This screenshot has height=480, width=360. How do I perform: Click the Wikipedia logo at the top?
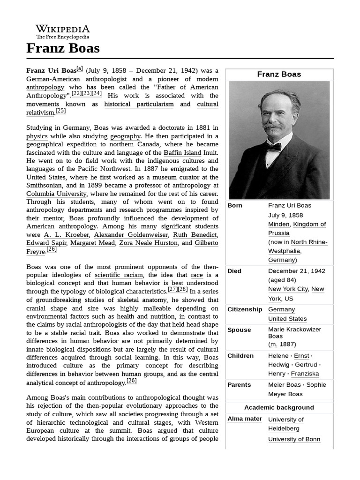[63, 31]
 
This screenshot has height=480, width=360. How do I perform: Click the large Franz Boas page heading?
[63, 48]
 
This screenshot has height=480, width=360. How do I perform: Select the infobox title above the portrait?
[279, 74]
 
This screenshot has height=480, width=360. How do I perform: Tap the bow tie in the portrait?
[273, 147]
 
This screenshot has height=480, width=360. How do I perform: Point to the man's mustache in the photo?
[273, 126]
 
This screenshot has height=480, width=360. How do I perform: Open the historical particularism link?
[139, 104]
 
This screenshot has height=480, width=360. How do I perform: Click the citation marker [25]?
[60, 111]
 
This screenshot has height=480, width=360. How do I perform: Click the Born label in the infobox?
[235, 205]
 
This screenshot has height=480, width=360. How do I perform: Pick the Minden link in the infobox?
[278, 224]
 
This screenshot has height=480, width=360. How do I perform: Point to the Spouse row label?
[239, 330]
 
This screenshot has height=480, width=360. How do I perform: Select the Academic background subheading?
[279, 407]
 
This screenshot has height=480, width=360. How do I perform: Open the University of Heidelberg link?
[285, 424]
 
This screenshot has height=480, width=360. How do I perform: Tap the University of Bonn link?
[294, 439]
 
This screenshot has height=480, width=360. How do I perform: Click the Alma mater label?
[245, 419]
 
